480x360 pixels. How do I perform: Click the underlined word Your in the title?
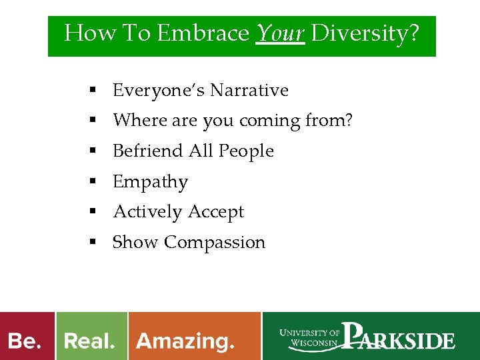280,33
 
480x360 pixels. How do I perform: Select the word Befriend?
148,151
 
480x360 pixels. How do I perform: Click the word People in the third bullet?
246,151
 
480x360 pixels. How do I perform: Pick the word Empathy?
150,182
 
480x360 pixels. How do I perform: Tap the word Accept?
216,212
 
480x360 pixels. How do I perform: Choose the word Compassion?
215,243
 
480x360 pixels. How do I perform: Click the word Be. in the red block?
25,341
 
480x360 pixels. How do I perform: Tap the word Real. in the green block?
89,341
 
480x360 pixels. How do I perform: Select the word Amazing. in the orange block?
185,341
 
